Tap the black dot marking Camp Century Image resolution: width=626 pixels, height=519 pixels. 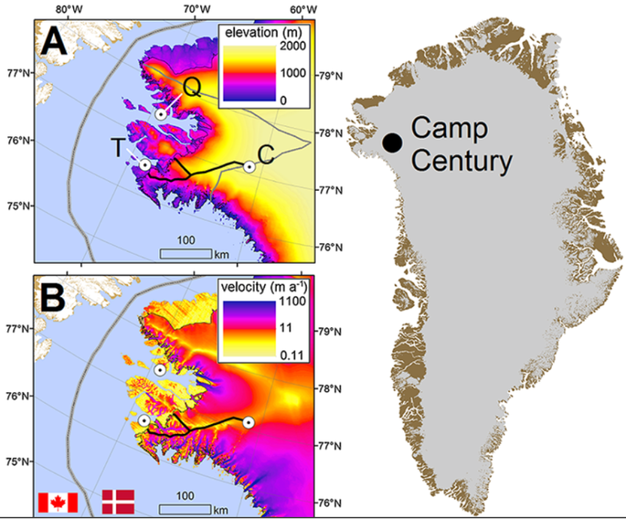tap(392, 142)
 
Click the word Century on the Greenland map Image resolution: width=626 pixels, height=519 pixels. tap(461, 161)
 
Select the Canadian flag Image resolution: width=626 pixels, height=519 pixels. tap(57, 502)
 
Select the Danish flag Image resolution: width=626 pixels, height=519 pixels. tap(118, 502)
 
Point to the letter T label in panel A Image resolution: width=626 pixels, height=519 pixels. tap(117, 148)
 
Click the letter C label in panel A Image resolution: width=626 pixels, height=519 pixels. tap(269, 156)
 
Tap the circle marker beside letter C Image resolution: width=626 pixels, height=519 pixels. tap(250, 167)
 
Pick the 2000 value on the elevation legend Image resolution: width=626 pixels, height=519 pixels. tap(294, 47)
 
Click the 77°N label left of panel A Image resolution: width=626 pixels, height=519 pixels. tap(19, 73)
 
